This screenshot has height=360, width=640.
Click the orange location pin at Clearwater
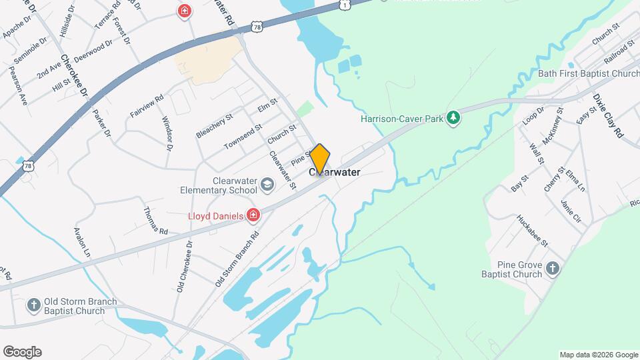coord(320,159)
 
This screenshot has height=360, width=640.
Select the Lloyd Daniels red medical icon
coord(253,215)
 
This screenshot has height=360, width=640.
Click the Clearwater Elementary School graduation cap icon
coord(267,185)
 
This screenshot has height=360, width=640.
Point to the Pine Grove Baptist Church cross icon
coord(552,268)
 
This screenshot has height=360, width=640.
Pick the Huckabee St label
coord(533,230)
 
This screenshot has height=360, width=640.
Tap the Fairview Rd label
coord(147,107)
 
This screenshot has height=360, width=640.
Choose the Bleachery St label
coord(214,125)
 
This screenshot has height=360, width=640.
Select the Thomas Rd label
coord(155,220)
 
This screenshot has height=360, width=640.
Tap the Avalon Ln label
coord(83,243)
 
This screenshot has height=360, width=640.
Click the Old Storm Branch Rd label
coord(237,259)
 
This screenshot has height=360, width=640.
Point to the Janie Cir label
coord(572,211)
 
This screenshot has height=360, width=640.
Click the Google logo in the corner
coord(22,352)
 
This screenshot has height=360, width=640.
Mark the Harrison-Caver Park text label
coord(402,119)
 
